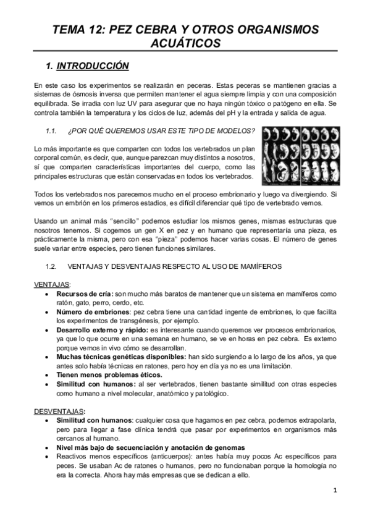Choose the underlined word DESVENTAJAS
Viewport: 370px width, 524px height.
pos(59,411)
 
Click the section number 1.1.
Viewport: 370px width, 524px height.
pos(52,131)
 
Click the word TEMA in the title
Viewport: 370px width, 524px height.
pos(70,29)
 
